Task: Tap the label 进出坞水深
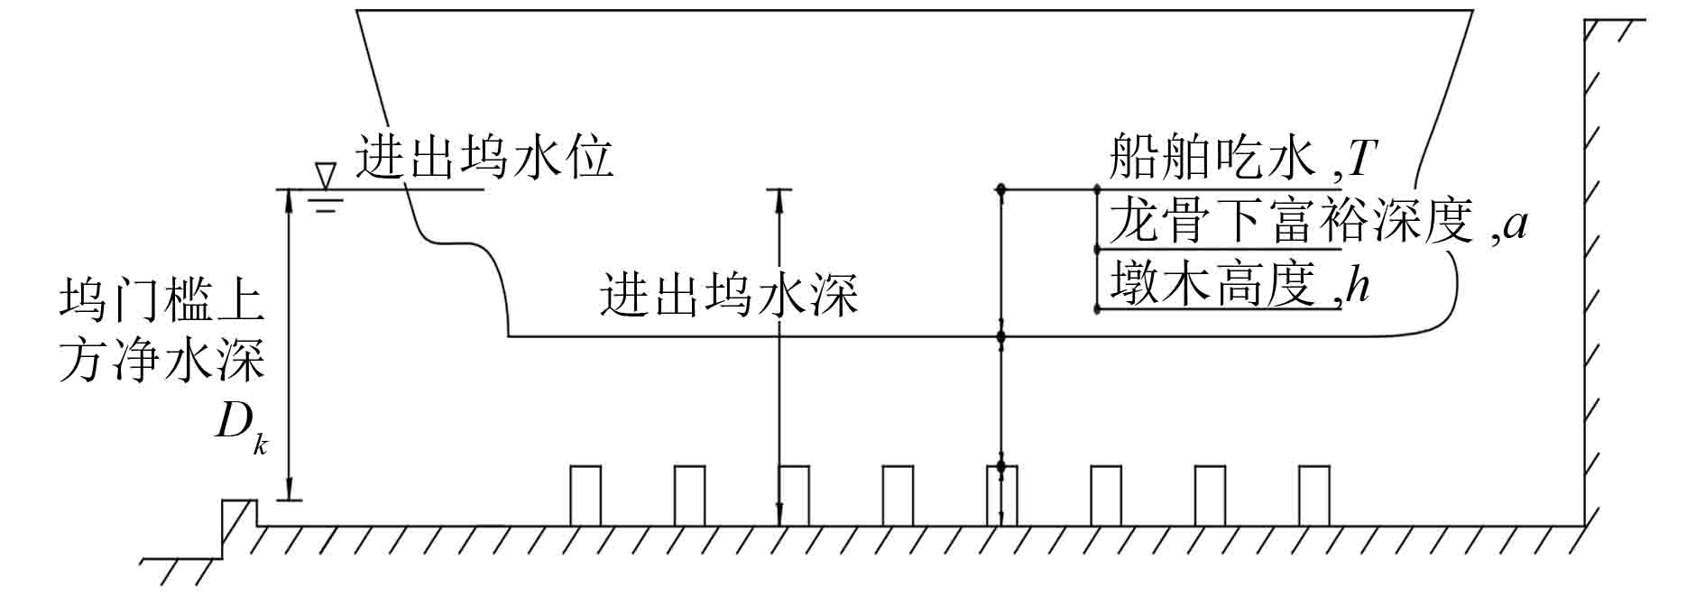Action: [x=729, y=295]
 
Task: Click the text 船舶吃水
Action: [x=1212, y=158]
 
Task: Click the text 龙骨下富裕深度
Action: [x=1290, y=222]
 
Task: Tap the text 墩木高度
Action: [x=1211, y=284]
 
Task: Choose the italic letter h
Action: [x=1358, y=286]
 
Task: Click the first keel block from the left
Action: [x=585, y=495]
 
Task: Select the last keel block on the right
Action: [x=1313, y=495]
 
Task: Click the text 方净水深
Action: [x=162, y=362]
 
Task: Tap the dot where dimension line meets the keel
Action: [x=1000, y=337]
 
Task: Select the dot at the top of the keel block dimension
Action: [x=1000, y=466]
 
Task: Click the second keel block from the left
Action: [x=690, y=495]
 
